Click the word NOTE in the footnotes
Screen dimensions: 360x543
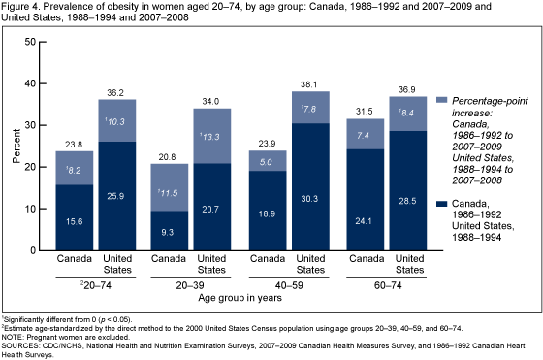pyautogui.click(x=14, y=332)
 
